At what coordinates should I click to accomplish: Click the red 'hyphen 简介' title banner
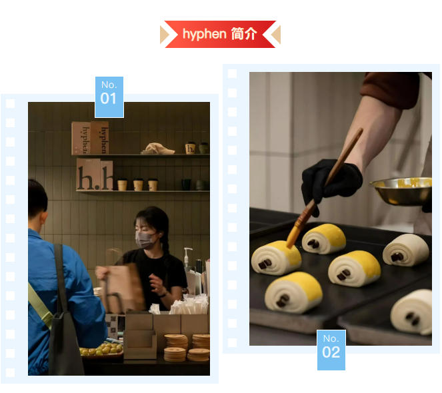click(220, 34)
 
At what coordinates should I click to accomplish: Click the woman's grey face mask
click(145, 239)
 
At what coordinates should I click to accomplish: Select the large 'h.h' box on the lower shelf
click(94, 175)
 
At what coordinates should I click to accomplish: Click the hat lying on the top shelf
click(159, 149)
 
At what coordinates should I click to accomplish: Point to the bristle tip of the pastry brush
click(294, 237)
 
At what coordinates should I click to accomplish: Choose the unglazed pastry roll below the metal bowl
click(405, 249)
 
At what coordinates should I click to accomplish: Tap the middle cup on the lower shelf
click(138, 185)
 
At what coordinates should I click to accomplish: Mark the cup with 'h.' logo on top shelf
click(190, 148)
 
